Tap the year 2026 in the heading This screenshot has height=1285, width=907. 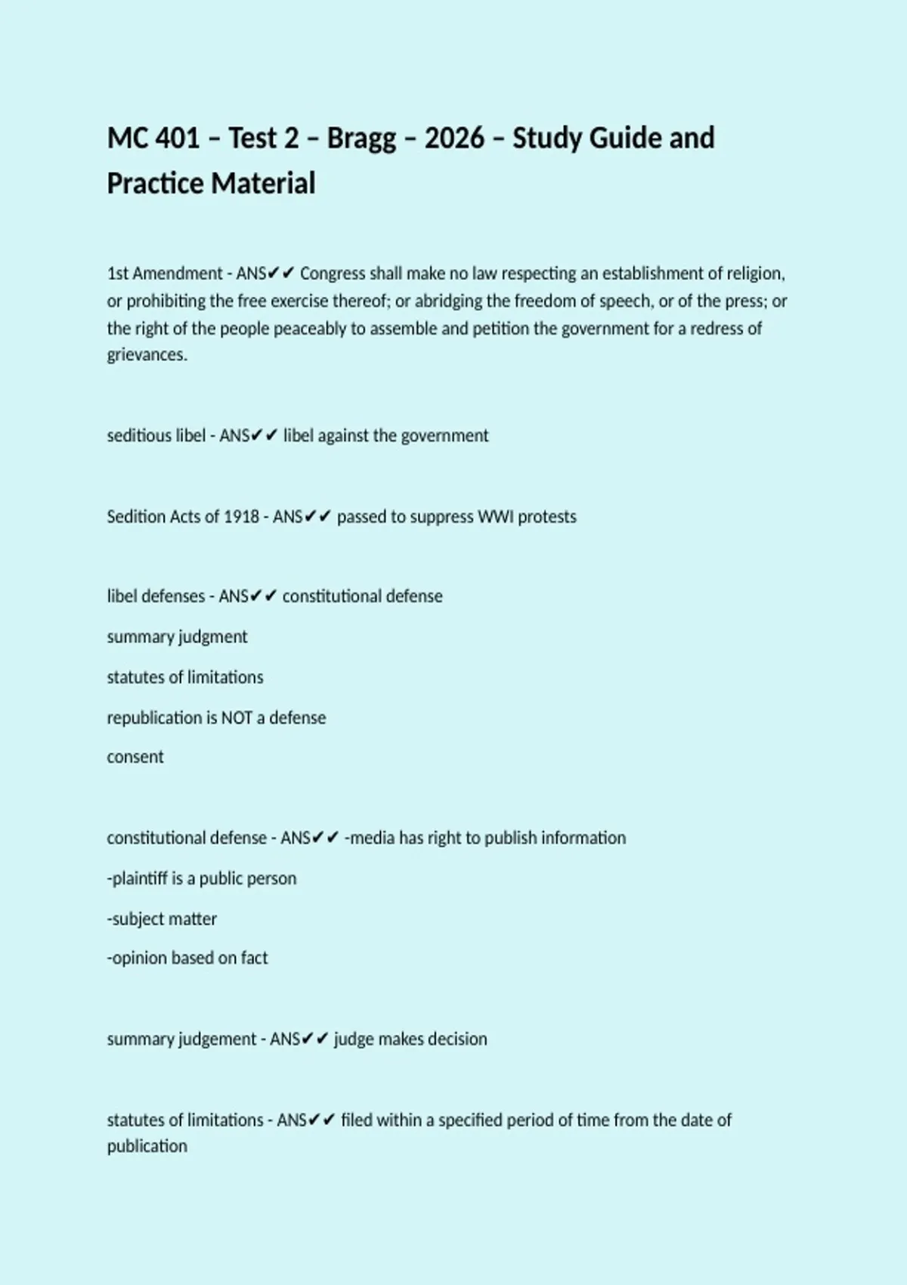(x=454, y=138)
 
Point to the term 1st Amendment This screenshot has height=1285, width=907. (x=165, y=274)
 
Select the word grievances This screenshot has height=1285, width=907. (x=147, y=355)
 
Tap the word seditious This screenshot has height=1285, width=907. (x=134, y=436)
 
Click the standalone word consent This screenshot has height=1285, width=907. (x=135, y=757)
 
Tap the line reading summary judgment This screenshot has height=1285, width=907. (x=177, y=637)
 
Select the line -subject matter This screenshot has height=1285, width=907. (x=162, y=919)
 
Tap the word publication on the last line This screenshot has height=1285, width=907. (x=147, y=1147)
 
